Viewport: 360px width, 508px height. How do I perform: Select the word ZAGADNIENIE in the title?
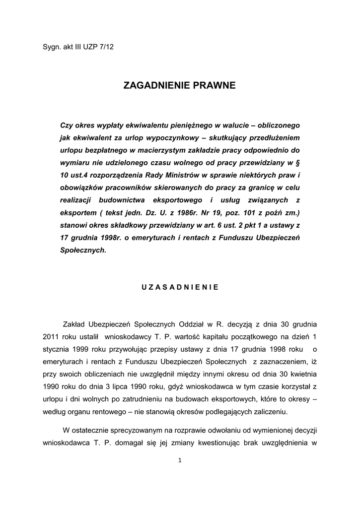click(158, 85)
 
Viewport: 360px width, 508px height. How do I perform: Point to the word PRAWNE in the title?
click(215, 85)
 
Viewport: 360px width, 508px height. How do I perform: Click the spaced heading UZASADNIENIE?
click(180, 287)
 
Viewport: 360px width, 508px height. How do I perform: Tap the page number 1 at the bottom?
click(180, 460)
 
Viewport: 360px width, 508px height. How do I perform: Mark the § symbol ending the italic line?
click(298, 162)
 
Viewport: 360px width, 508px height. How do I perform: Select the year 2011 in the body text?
click(51, 336)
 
